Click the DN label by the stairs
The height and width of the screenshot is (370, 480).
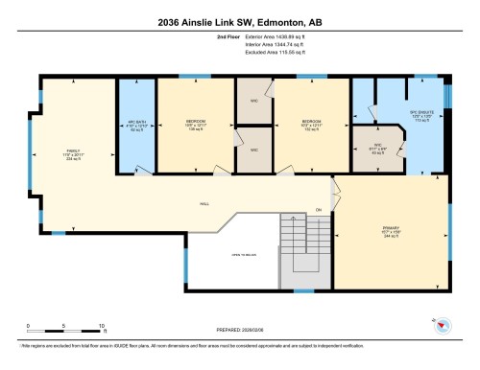tap(318, 211)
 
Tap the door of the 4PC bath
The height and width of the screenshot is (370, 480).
tap(141, 173)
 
